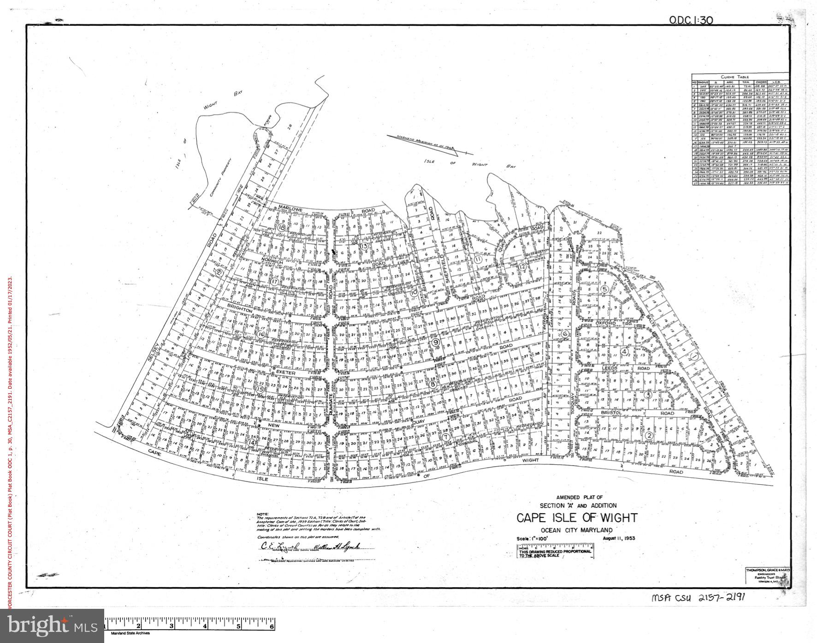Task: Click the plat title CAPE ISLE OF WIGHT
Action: point(576,517)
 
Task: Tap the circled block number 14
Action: point(252,442)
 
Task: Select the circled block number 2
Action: point(649,436)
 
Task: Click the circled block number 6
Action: point(565,334)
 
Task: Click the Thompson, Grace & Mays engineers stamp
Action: point(768,577)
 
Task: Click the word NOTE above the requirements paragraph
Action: point(262,514)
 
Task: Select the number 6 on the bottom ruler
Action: point(272,626)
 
